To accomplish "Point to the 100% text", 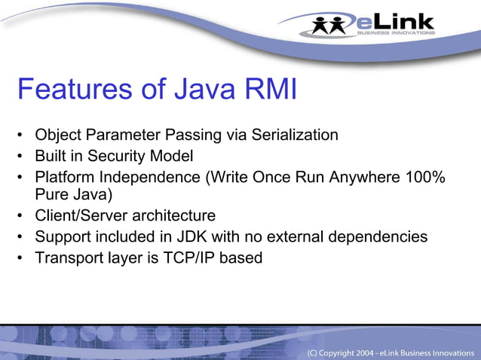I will (427, 177).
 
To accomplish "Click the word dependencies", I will (374, 237).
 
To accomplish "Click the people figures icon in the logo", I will (331, 24).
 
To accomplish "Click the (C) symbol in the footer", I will (312, 352).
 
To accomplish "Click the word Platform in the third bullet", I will (64, 177).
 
